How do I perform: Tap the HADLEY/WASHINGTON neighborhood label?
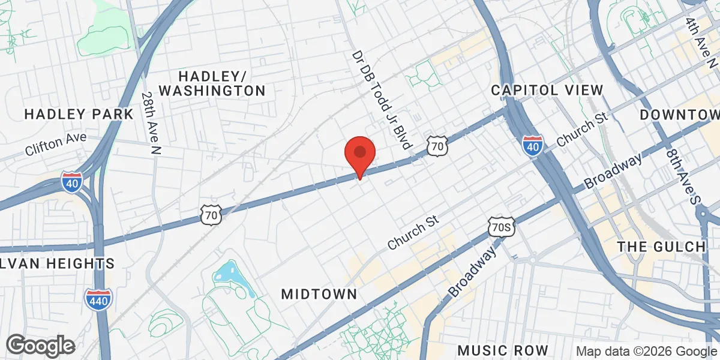point(212,83)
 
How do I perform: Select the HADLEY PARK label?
point(79,114)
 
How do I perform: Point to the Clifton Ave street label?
point(56,145)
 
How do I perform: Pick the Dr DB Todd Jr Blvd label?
point(382,99)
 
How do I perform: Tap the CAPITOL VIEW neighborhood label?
point(547,90)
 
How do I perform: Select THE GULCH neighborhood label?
point(661,247)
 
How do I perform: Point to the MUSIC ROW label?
point(503,350)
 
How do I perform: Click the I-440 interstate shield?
point(97,300)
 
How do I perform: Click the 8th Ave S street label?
point(683,176)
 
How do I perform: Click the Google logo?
point(40,346)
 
